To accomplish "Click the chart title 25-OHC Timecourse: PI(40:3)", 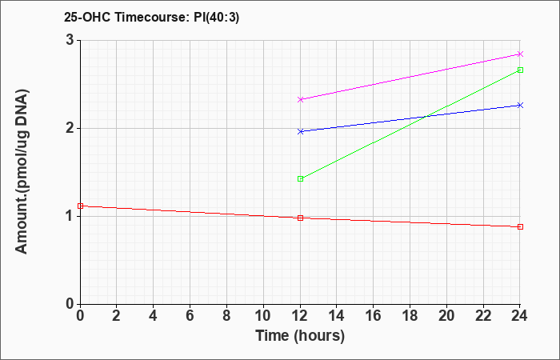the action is (151, 17).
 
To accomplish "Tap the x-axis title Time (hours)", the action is (300, 336).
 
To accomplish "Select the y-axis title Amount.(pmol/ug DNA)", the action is (22, 171).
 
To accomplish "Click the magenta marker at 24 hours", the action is (520, 54).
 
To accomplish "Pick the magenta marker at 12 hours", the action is (300, 99).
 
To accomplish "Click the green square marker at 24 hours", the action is (520, 70).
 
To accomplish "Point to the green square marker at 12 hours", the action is (300, 178).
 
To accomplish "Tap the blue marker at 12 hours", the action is (300, 131).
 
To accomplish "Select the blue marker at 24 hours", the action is (520, 105).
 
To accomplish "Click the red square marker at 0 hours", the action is (80, 206).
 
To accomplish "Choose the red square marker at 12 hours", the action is (300, 218).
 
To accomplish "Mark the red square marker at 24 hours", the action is (520, 226).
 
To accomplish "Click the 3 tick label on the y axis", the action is (70, 40).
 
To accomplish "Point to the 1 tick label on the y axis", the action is (70, 217).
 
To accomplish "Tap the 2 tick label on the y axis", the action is (70, 128).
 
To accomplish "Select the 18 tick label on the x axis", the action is (410, 316).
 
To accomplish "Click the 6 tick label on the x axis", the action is (190, 316).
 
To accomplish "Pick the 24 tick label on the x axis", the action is (520, 316).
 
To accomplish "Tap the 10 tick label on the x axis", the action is (263, 316).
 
